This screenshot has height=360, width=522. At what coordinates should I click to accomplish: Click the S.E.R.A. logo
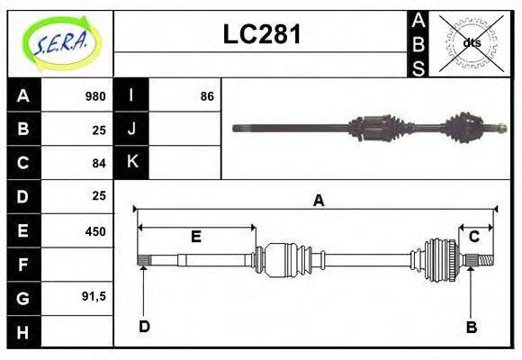click(60, 43)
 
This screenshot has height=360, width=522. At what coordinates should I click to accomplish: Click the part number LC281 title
click(261, 35)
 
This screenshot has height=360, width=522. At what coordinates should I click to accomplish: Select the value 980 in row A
click(94, 96)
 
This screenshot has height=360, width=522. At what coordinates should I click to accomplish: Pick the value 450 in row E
click(94, 231)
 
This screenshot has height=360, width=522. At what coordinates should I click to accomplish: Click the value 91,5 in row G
click(93, 296)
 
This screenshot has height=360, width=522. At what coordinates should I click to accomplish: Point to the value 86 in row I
click(207, 96)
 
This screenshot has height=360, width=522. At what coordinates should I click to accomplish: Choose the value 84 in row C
click(98, 163)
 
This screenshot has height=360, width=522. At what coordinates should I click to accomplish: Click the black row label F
click(23, 265)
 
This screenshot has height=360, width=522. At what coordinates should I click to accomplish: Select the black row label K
click(131, 162)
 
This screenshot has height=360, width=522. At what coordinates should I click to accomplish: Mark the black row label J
click(131, 129)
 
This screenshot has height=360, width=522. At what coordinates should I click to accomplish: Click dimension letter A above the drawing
click(318, 201)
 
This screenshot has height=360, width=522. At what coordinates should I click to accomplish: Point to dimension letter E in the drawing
click(195, 237)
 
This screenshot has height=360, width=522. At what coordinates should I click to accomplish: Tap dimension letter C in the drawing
click(473, 237)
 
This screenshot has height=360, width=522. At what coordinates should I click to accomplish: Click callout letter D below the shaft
click(144, 326)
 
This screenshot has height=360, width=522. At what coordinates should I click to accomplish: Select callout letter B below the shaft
click(471, 327)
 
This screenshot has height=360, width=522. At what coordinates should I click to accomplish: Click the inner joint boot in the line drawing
click(288, 259)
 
